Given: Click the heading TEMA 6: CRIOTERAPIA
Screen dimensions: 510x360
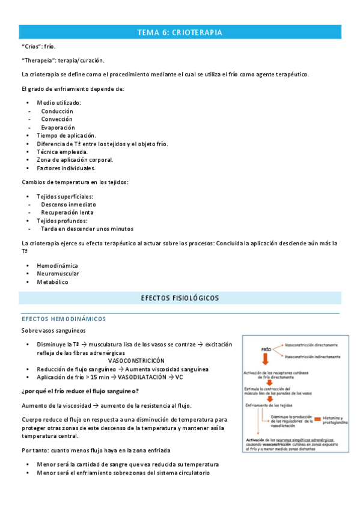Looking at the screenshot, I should (x=180, y=32).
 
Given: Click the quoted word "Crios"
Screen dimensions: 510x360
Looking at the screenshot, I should (x=31, y=46).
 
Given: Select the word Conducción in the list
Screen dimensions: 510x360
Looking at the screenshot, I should (x=57, y=111).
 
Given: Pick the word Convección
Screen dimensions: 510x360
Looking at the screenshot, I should (x=56, y=119).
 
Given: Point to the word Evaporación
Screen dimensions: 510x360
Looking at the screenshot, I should (x=58, y=127).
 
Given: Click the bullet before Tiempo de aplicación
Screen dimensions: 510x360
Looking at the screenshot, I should (x=29, y=136).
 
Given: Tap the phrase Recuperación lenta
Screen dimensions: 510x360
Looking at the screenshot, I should (x=67, y=212).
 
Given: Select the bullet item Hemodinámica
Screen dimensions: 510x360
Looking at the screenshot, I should (x=57, y=265).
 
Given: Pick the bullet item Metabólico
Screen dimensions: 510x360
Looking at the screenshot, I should (x=52, y=282).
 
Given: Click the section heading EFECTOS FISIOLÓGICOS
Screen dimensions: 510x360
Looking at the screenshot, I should (x=180, y=298).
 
